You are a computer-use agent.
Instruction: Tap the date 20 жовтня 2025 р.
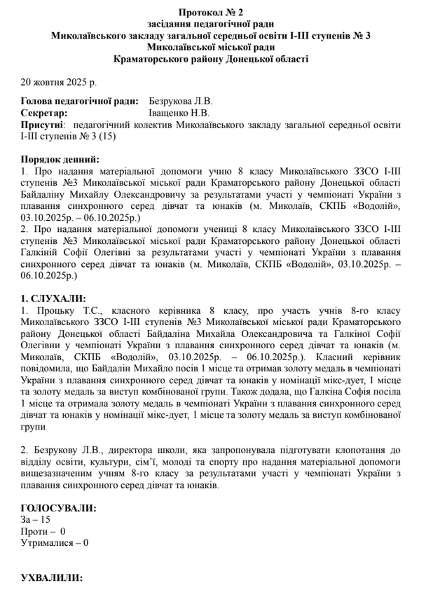(x=59, y=83)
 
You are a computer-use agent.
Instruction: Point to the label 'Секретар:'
(x=44, y=114)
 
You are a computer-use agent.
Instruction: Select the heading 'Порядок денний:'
(x=60, y=159)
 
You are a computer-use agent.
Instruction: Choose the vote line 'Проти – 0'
(x=43, y=531)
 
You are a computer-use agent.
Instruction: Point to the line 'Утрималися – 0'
(x=55, y=542)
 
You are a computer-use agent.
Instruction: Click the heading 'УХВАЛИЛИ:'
(x=53, y=579)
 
